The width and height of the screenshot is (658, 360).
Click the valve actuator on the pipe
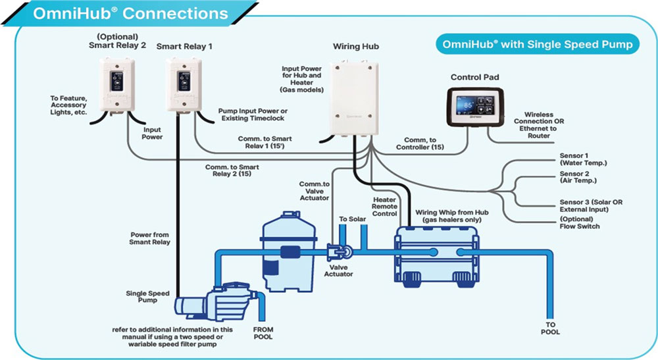coord(340,251)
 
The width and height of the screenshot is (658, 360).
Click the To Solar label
coord(353,219)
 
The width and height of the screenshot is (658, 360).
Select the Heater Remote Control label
coord(385,206)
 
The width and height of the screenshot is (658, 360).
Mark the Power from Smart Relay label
coord(151,238)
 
